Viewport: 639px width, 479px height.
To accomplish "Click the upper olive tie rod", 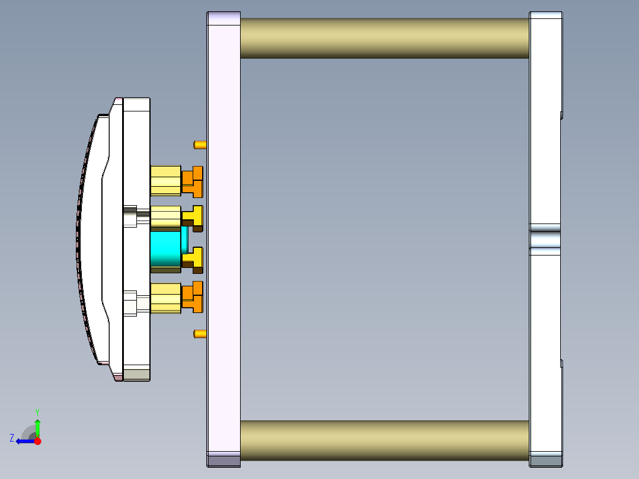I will point(384,38).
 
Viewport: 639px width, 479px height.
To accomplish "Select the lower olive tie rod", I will point(384,440).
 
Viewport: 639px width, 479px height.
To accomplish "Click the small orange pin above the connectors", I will point(200,144).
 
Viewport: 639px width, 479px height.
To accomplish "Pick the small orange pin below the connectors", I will point(200,334).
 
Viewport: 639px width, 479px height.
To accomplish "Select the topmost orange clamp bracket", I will point(193,181).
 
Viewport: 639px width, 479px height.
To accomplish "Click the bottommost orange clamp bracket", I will point(193,296).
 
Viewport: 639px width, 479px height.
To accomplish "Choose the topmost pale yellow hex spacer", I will point(165,181).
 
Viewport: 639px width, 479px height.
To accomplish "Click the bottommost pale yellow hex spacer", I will point(165,298).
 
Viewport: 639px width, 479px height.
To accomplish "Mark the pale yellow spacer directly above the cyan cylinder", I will point(165,218).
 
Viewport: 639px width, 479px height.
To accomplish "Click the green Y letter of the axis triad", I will point(37,411).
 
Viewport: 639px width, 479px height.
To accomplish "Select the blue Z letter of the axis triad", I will point(11,438).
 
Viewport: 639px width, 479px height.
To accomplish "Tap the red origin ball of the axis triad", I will point(37,441).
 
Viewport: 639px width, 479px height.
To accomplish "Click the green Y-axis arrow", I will point(37,427).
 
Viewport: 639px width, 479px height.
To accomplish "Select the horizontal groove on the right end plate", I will point(545,239).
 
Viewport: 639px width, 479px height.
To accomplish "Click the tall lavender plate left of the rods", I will point(223,237).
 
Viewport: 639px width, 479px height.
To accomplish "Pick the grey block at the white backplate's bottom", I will point(136,375).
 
